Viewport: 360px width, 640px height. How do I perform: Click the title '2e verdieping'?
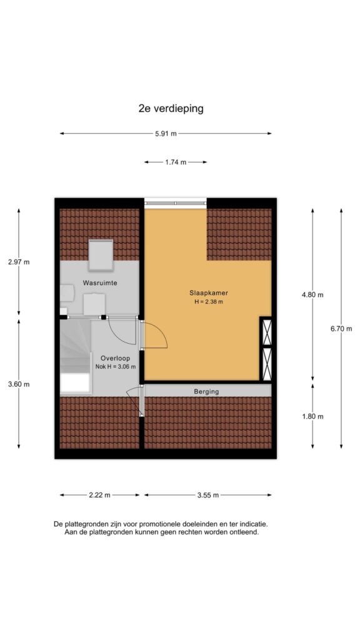coord(171,109)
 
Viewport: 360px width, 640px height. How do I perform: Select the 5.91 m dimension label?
coord(166,134)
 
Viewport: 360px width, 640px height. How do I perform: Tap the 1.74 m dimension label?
coord(176,162)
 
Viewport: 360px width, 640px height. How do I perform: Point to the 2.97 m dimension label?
coord(19,262)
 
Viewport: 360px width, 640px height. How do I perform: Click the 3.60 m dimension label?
coord(19,384)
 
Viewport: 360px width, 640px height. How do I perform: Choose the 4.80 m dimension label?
coord(312,295)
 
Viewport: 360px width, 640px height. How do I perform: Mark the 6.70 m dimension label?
coord(341,329)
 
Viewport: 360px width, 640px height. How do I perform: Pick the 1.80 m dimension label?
coord(312,416)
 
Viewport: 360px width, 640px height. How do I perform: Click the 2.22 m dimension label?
coord(99,495)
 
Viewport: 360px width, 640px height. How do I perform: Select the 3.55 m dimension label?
coord(208,495)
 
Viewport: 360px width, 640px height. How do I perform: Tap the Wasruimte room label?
coord(100,282)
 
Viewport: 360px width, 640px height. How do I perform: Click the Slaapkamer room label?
coord(209,292)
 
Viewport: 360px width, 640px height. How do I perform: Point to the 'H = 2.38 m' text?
coord(209,302)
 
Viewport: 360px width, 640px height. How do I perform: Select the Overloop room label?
coord(116,358)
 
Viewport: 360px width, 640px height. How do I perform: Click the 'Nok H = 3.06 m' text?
coord(116,366)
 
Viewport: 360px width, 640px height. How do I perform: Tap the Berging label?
coord(206,391)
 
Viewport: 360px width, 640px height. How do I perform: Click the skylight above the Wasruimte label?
coord(101,255)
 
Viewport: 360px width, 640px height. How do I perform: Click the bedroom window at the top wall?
coord(176,203)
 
